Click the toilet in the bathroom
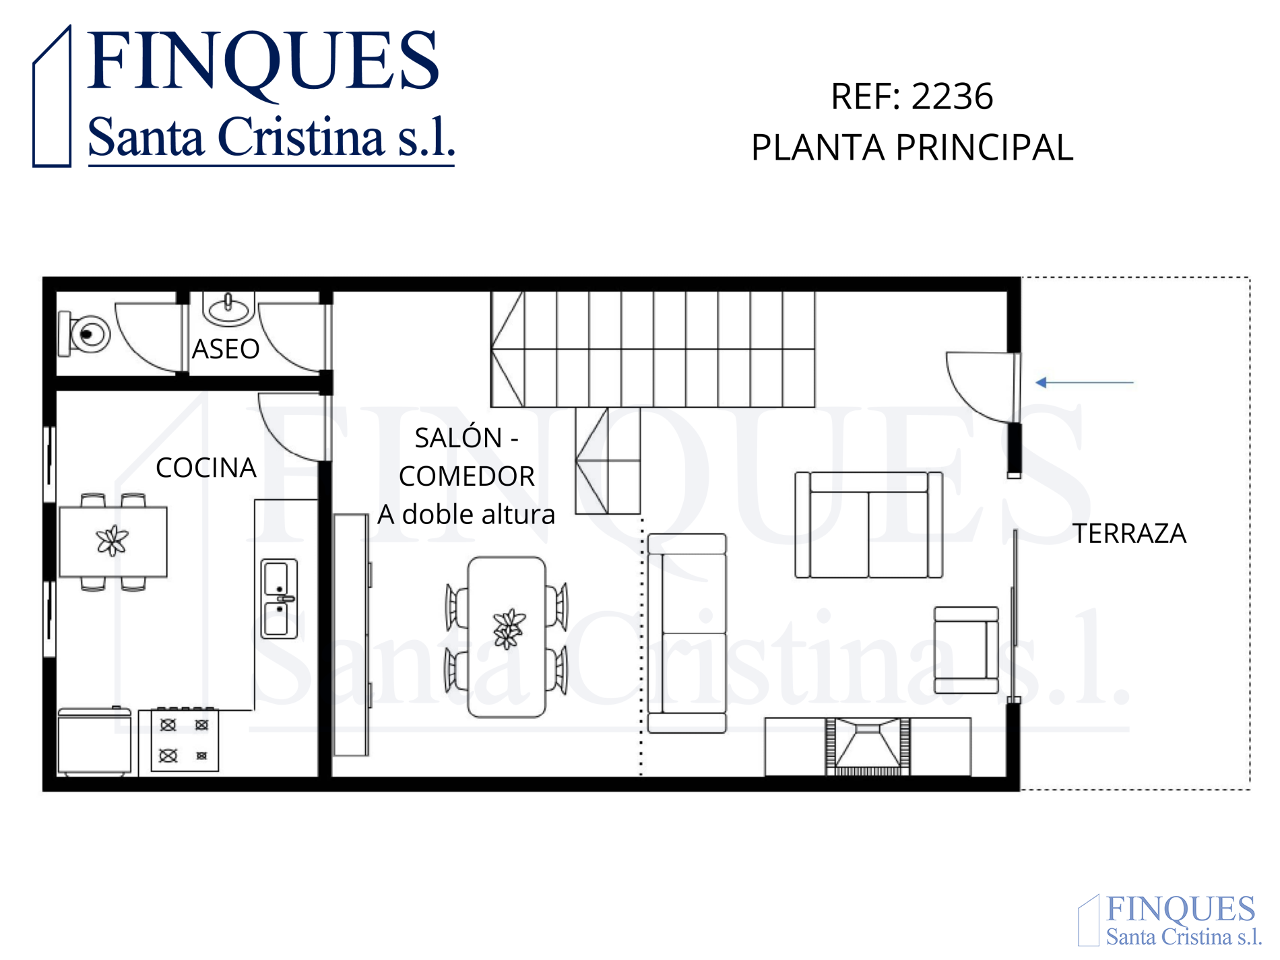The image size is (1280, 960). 85,333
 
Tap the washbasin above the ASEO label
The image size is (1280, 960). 228,309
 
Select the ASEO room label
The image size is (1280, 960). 226,349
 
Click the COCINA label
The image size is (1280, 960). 206,468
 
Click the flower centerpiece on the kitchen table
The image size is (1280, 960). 112,541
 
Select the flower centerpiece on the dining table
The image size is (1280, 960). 509,629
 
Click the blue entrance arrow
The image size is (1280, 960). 1085,383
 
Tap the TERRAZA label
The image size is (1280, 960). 1130,534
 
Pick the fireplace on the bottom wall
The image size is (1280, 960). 868,746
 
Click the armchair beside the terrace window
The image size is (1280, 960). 966,650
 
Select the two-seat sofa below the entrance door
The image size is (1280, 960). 869,525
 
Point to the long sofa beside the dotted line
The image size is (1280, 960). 687,633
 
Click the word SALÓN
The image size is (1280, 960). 458,438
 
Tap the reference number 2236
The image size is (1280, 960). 953,96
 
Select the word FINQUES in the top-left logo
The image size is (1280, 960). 263,62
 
